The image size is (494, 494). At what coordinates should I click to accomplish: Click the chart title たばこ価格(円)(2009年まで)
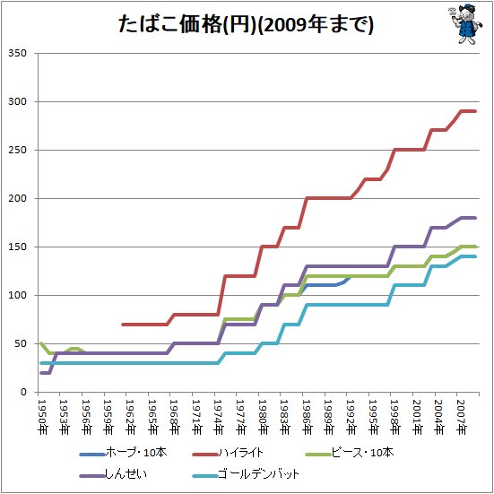pos(246,24)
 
